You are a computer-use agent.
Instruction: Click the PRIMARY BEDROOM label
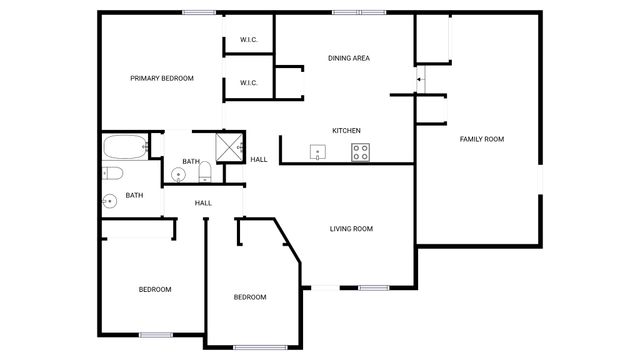162,78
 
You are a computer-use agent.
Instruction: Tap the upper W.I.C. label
249,40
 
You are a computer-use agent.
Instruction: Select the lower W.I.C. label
249,83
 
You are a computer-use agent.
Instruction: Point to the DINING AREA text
349,58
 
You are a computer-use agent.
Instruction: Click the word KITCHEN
346,131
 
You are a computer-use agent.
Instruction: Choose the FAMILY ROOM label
481,138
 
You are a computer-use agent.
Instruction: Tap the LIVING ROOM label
351,229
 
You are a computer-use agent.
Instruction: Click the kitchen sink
318,152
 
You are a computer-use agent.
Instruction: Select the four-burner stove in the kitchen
360,152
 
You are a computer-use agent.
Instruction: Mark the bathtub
125,148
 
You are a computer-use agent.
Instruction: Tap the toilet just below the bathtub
113,173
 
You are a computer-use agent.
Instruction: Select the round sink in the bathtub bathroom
109,200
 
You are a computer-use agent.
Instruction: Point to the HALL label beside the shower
259,160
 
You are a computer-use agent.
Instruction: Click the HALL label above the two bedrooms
203,203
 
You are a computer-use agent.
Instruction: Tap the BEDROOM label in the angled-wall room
250,297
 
